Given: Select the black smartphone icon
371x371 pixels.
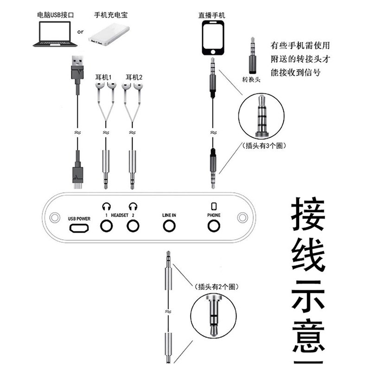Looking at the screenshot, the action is (213, 38).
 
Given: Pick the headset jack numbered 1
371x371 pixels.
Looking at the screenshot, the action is (107, 226).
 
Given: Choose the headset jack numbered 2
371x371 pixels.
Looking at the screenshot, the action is (134, 226).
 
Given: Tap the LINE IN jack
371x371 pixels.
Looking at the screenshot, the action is (169, 226).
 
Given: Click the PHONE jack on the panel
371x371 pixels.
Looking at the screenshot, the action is (213, 226).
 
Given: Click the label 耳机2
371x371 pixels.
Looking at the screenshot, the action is (134, 77).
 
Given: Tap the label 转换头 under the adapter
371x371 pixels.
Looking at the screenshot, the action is (252, 79).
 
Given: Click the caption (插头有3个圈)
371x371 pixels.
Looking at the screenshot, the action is (263, 145).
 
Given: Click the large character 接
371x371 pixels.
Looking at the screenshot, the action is (307, 217).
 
